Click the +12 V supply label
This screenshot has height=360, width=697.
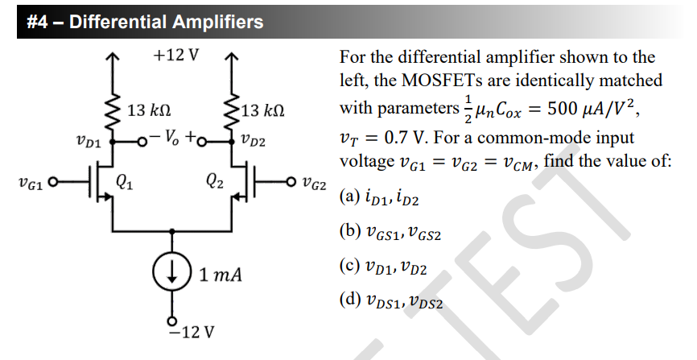176,56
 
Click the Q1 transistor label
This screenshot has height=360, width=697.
125,181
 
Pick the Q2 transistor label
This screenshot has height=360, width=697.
215,181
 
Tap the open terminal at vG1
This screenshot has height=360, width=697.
53,181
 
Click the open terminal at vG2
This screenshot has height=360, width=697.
291,181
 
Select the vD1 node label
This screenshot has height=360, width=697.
89,142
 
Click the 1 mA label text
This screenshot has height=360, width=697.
221,275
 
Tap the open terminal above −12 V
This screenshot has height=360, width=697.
172,321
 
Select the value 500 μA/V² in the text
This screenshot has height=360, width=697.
592,109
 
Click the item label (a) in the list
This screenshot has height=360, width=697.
349,197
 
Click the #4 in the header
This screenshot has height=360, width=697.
37,22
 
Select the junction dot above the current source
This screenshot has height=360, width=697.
172,231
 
